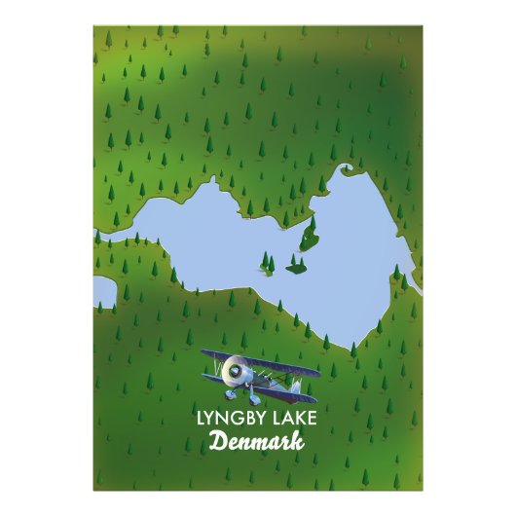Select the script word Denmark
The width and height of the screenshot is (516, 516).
257,443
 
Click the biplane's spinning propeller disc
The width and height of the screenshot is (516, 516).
232,370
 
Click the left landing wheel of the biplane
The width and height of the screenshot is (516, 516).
229,394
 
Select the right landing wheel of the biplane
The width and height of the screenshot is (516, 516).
254,399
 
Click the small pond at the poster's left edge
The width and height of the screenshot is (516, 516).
103,290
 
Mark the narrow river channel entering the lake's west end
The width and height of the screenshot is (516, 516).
117,237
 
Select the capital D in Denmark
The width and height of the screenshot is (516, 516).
217,443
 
